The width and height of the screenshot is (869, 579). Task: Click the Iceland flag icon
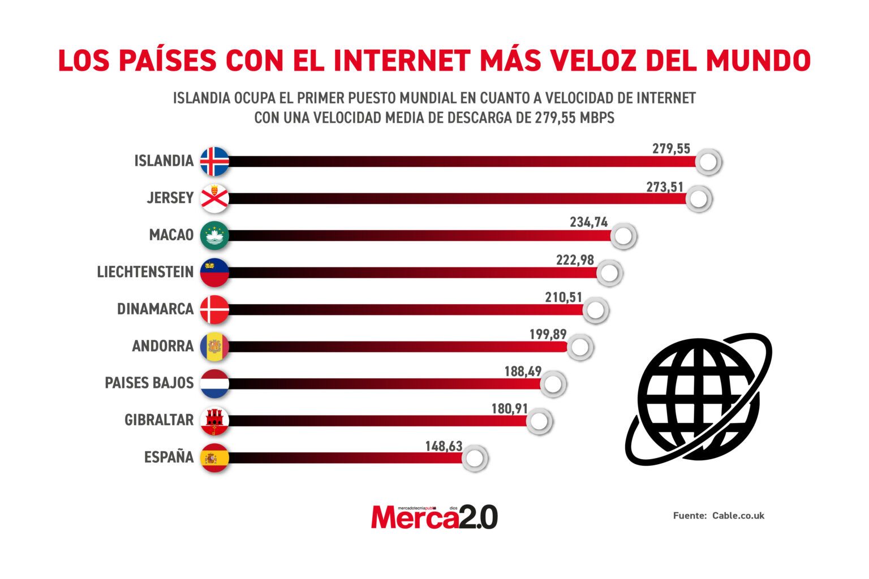point(214,161)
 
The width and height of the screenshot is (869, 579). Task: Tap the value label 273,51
point(665,187)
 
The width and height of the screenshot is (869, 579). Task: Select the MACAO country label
point(171,235)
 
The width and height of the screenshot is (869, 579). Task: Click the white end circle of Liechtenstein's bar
point(609,273)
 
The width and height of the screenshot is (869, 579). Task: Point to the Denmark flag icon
point(214,309)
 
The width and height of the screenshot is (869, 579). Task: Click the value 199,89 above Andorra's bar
point(548,334)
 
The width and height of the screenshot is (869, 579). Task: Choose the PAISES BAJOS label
point(149,383)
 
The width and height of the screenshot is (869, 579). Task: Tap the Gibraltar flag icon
point(214,421)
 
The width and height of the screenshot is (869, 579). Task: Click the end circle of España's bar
point(475,459)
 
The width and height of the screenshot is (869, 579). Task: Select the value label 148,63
point(444,446)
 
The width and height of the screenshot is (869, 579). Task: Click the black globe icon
point(698,399)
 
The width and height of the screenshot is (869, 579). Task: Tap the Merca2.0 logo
point(434,517)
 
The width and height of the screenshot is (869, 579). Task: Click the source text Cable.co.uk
point(738,516)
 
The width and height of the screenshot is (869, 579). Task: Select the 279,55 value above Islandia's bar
point(671,149)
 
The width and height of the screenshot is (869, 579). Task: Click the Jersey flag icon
point(214,198)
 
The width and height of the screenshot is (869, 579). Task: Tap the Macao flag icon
point(214,235)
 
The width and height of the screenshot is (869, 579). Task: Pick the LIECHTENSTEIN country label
point(145,272)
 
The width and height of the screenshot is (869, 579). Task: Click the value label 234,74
point(588,223)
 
